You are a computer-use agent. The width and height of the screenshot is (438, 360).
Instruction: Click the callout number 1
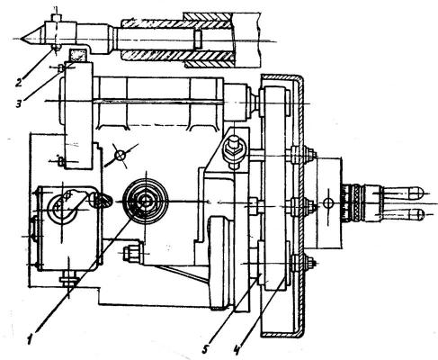30,340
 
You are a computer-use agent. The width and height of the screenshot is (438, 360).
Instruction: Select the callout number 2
19,82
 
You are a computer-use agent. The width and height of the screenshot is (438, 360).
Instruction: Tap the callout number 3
19,103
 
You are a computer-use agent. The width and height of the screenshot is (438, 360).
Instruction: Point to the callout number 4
237,349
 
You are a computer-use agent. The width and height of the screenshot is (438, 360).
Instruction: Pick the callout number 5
205,349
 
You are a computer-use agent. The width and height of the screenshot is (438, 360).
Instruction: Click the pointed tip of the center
22,39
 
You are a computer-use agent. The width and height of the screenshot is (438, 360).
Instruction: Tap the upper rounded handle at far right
403,193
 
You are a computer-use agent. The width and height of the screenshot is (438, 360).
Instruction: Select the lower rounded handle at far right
403,214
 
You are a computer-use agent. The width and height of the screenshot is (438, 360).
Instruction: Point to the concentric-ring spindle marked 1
146,201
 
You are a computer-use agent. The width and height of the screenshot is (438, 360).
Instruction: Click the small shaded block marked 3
77,55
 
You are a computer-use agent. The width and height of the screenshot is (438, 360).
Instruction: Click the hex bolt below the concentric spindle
133,253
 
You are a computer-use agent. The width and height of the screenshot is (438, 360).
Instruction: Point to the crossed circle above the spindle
121,156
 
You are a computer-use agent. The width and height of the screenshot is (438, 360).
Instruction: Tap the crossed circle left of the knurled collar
329,204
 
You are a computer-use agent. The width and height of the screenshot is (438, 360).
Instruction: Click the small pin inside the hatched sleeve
197,39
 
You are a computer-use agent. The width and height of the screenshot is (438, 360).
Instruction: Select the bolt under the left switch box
69,280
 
